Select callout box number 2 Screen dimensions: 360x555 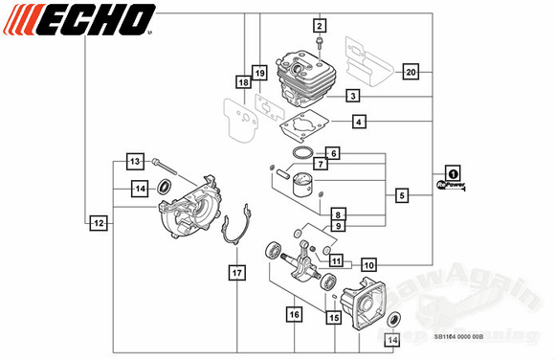[320, 26]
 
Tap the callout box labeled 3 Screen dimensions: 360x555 [353, 96]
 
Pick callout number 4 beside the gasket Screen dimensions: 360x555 [358, 122]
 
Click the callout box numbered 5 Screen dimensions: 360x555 [402, 195]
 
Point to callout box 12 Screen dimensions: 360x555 [98, 222]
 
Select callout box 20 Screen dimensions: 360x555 [411, 72]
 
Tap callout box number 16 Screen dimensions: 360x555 [294, 312]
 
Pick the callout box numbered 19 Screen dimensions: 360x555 [258, 73]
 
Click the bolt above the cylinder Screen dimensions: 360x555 [319, 44]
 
